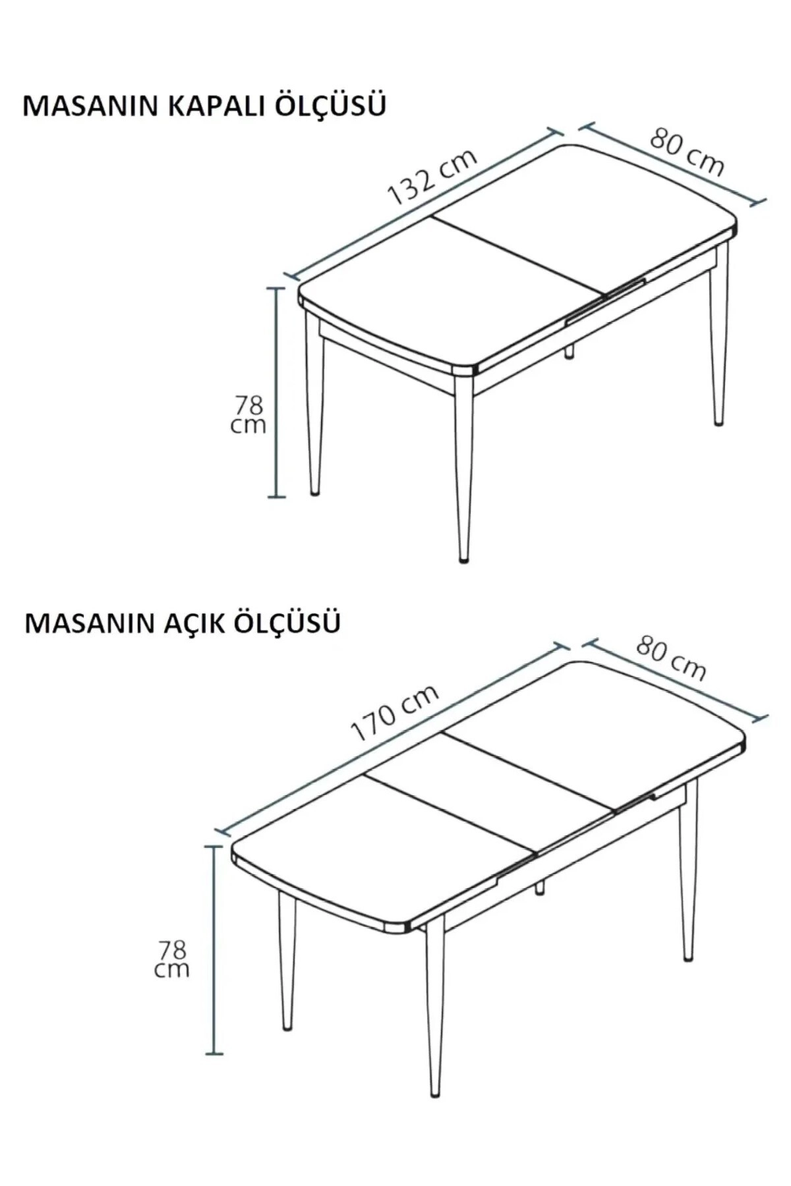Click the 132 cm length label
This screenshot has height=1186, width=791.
pyautogui.click(x=432, y=177)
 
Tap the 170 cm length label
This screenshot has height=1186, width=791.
pyautogui.click(x=394, y=712)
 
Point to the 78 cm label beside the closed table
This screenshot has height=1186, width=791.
pyautogui.click(x=249, y=414)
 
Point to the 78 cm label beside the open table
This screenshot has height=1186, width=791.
pyautogui.click(x=172, y=959)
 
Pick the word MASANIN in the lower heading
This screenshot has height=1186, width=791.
pyautogui.click(x=89, y=623)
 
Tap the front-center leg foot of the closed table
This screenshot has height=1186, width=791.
pyautogui.click(x=465, y=559)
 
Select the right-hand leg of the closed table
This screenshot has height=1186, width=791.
pyautogui.click(x=720, y=343)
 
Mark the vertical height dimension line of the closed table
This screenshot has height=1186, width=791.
pyautogui.click(x=277, y=392)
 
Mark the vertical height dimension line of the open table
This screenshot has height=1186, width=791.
pyautogui.click(x=214, y=949)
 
